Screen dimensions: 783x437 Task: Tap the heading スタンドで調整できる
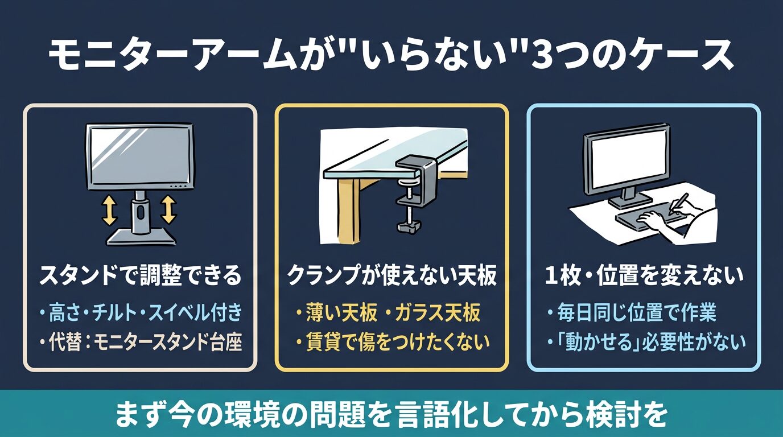[x=140, y=276]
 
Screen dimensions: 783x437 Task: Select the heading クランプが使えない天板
[x=391, y=276]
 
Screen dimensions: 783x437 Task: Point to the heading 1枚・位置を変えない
[x=644, y=276]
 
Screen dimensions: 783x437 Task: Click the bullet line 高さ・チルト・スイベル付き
[x=141, y=312]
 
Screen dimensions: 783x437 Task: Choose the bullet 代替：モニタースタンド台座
[x=141, y=341]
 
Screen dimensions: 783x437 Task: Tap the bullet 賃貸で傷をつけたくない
[x=393, y=341]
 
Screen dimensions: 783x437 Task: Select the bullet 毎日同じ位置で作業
[x=632, y=312]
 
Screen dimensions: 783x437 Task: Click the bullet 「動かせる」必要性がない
[x=646, y=341]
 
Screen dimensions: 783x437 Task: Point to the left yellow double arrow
[x=109, y=210]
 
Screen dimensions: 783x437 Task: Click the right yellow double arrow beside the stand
[x=169, y=209]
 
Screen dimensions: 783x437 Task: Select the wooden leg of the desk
[x=349, y=211]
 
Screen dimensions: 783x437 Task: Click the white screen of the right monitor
[x=626, y=164]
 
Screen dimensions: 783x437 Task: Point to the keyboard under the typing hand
[x=646, y=218]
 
